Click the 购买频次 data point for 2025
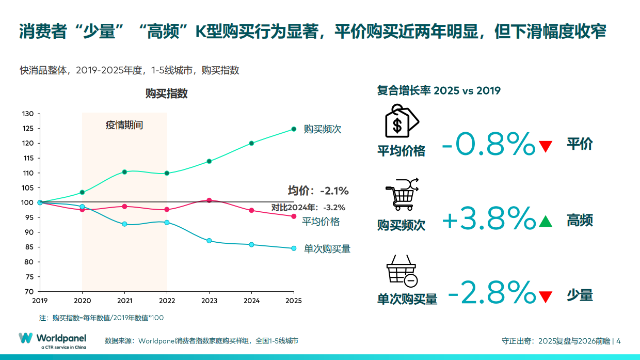click(x=294, y=129)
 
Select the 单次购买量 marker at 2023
click(x=209, y=241)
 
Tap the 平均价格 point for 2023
click(x=209, y=200)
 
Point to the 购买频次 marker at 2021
click(x=124, y=172)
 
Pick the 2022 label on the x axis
click(x=167, y=300)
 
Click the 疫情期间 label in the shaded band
click(x=124, y=126)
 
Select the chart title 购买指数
click(x=166, y=93)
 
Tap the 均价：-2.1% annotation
click(x=318, y=191)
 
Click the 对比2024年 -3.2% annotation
click(x=309, y=208)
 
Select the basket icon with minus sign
click(x=402, y=271)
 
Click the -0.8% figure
click(x=488, y=145)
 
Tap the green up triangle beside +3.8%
click(x=546, y=222)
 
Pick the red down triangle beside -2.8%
click(x=546, y=297)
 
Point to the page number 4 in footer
click(x=618, y=341)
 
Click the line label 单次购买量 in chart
click(x=327, y=249)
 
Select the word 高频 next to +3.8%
click(x=580, y=221)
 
